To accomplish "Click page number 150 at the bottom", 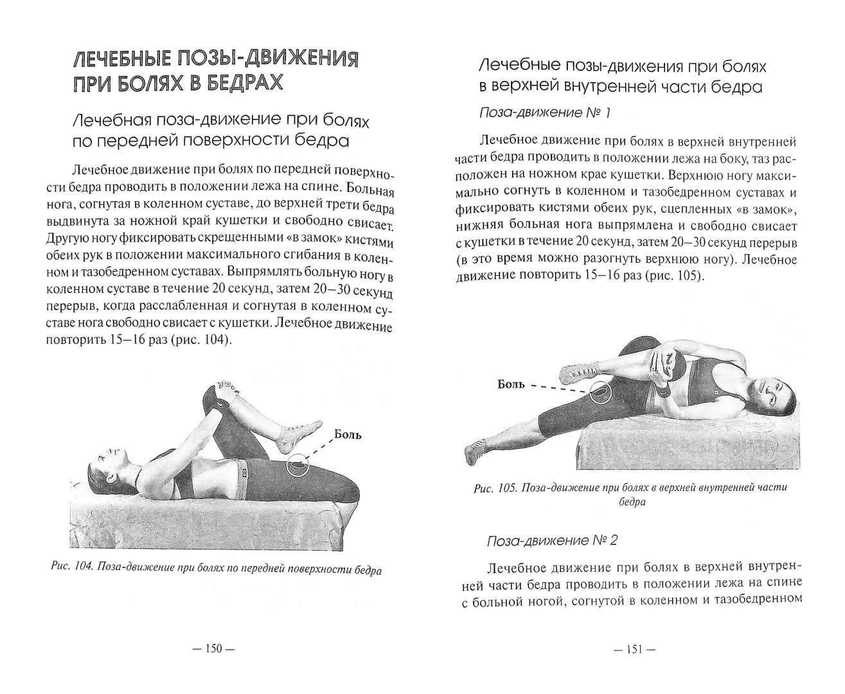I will (x=212, y=649).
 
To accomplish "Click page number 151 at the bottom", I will (x=634, y=649).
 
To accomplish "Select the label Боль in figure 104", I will (x=348, y=434).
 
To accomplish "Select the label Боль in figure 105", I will (x=511, y=385).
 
